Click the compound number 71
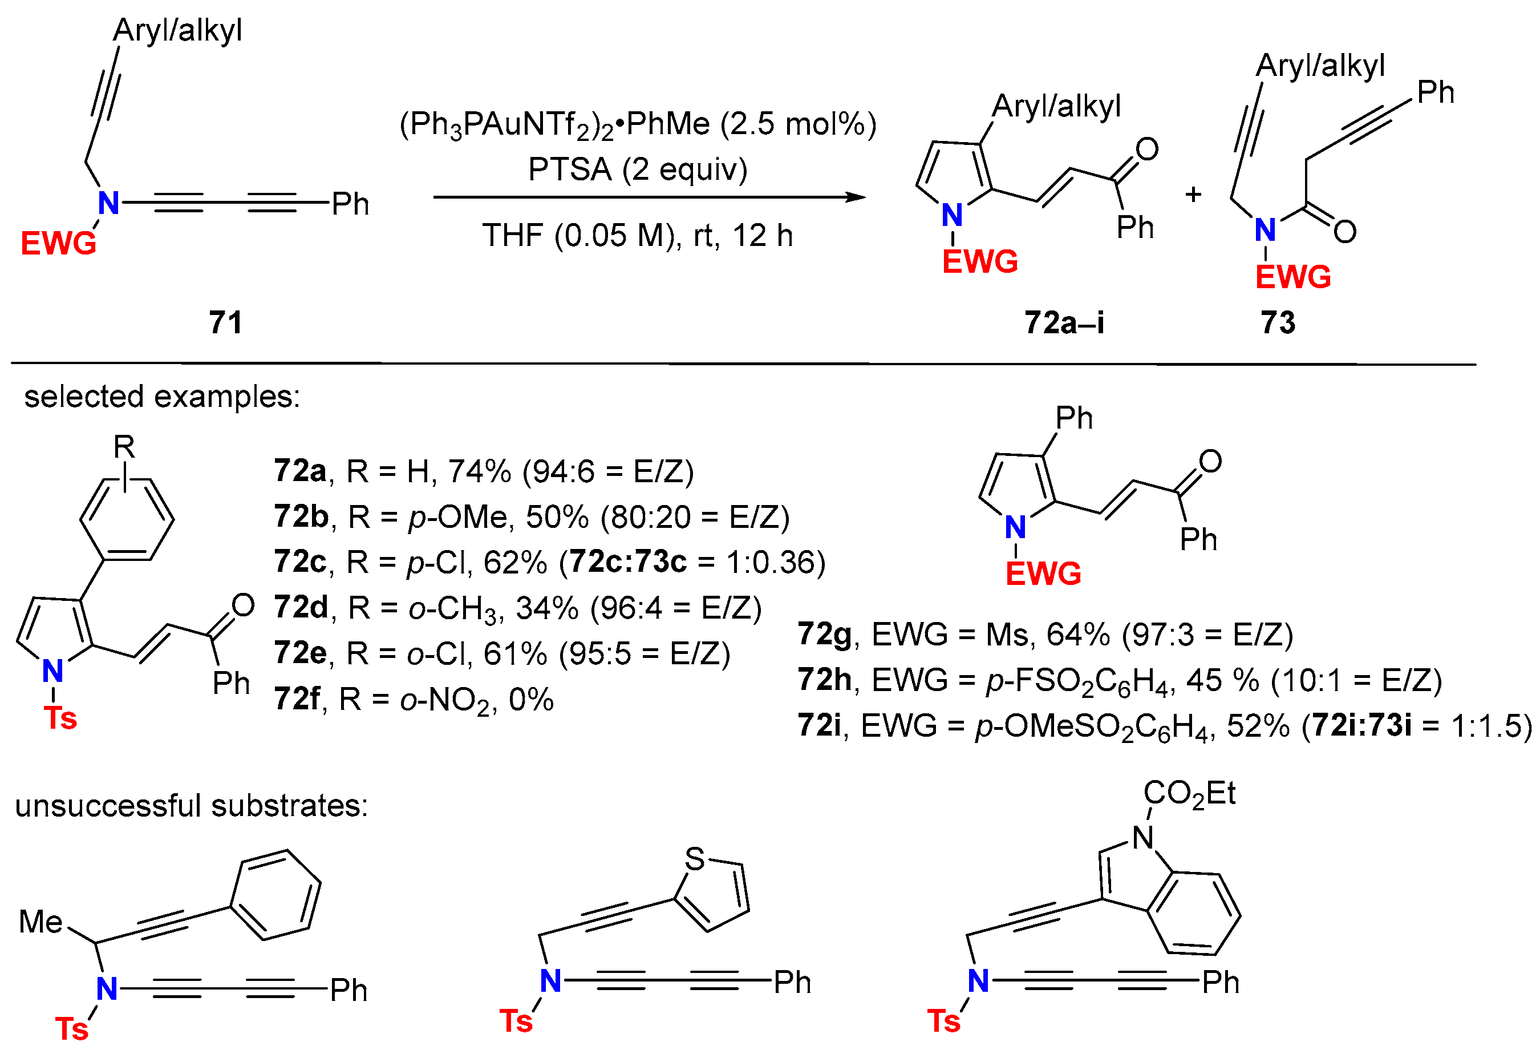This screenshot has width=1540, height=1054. [225, 322]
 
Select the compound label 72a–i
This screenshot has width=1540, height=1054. [1064, 322]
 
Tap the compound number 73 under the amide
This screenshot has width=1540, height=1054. [1278, 322]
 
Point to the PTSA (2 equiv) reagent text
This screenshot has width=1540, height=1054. [638, 169]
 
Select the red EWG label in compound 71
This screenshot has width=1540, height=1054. [58, 243]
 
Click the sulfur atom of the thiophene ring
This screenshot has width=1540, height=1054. [695, 858]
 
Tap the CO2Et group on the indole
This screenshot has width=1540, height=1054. [1189, 793]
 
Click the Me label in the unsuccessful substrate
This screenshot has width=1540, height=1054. [41, 921]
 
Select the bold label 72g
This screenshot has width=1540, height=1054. [824, 634]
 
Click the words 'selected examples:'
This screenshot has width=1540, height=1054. [163, 397]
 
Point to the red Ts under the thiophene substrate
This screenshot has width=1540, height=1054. [516, 1021]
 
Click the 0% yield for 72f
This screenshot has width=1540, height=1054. [531, 700]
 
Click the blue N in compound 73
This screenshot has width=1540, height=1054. [1265, 230]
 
